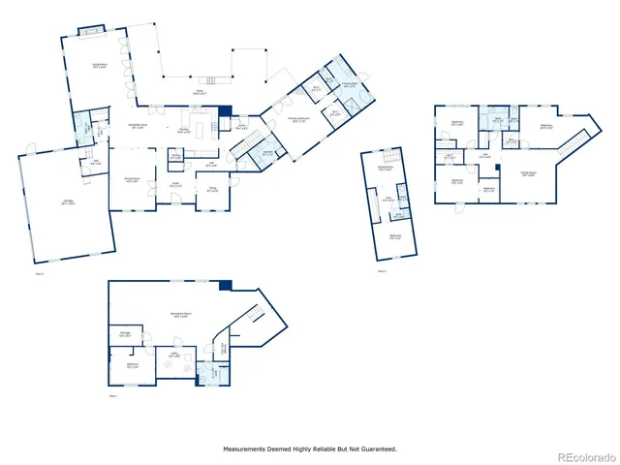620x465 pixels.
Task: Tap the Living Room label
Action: pyautogui.click(x=99, y=65)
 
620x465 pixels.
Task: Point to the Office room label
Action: pyautogui.click(x=211, y=189)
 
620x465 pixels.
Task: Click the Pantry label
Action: pyautogui.click(x=175, y=155)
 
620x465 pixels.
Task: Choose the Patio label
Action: pyautogui.click(x=200, y=92)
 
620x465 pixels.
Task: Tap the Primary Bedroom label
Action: pyautogui.click(x=298, y=119)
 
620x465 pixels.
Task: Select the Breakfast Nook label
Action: pyautogui.click(x=139, y=126)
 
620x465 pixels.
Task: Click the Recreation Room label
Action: pyautogui.click(x=181, y=314)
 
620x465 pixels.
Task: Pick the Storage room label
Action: pyautogui.click(x=125, y=334)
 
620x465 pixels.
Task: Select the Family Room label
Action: pyautogui.click(x=529, y=173)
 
